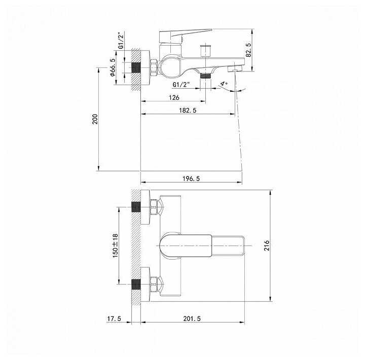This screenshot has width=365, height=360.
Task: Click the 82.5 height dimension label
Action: pos(248,50)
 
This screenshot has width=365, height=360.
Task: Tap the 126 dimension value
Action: pos(174,97)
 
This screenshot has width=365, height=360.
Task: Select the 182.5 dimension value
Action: pos(188,110)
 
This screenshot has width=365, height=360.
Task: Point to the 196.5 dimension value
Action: pos(191,178)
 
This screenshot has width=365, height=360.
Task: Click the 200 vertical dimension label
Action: pos(95,119)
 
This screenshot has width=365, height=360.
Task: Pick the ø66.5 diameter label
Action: pos(112,67)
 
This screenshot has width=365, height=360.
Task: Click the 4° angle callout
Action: pos(225,84)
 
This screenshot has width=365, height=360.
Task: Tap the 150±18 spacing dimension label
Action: pos(116,246)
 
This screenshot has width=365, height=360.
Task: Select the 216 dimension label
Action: pos(267,246)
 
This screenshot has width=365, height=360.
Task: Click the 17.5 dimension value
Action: pos(114,318)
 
